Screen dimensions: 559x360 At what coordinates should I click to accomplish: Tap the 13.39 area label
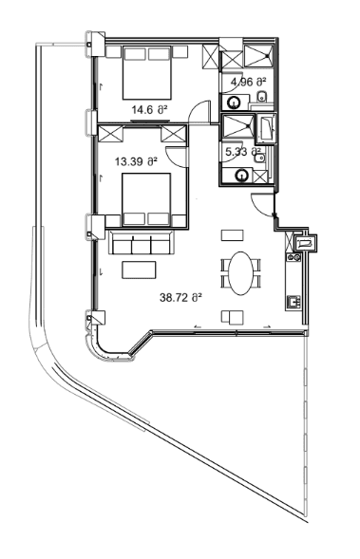(x=133, y=161)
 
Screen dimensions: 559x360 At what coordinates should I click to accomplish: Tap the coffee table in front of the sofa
(x=134, y=270)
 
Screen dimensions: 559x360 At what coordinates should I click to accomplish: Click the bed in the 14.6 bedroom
(x=145, y=72)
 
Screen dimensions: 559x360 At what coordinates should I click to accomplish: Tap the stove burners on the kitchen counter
(x=294, y=302)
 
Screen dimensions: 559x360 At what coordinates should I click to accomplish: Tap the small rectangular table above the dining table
(x=230, y=233)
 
